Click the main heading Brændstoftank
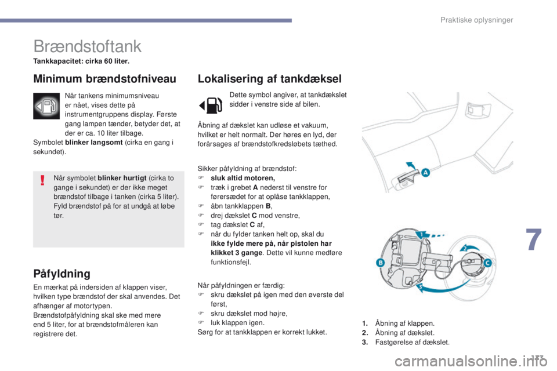[x=88, y=46]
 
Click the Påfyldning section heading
[x=62, y=273]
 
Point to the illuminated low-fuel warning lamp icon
[x=46, y=106]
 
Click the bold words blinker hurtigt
[x=121, y=178]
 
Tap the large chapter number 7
[x=535, y=241]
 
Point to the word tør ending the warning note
[x=58, y=215]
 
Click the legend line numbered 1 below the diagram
[x=400, y=323]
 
